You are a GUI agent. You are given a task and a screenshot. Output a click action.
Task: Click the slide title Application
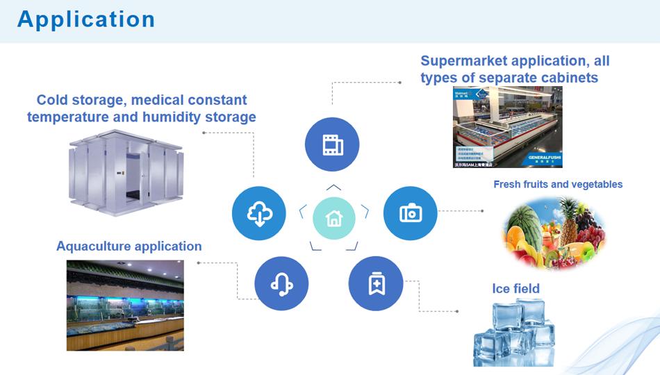pos(86,19)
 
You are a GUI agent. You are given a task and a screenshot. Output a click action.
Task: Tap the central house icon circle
pos(334,218)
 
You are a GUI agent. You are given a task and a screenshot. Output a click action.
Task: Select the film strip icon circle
pos(332,145)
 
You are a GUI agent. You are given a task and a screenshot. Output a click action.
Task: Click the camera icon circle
pos(411,213)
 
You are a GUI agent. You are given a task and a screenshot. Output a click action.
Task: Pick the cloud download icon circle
pos(259,213)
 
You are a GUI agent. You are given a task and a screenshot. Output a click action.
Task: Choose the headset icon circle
pos(281,283)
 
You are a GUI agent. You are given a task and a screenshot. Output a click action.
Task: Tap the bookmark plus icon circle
pos(376,283)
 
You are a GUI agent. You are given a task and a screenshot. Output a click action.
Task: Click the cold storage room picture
pos(126,174)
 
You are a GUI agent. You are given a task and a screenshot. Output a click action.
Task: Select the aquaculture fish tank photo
pos(125,305)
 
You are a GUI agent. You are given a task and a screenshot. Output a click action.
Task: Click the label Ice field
pos(515,289)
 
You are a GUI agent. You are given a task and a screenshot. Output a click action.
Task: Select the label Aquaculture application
pos(129,247)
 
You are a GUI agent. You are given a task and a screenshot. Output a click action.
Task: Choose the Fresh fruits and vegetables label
pos(558,185)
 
